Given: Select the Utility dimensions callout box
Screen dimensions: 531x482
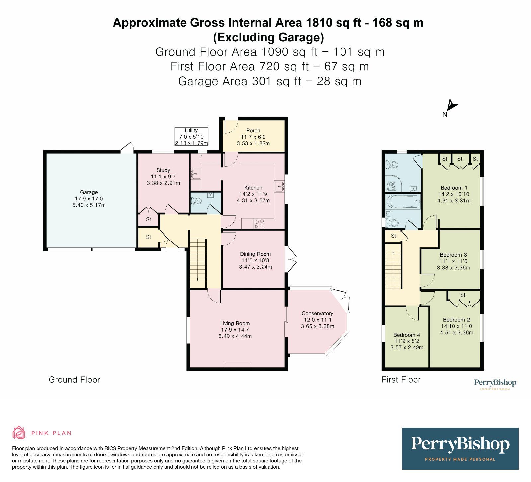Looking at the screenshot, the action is coord(191,137).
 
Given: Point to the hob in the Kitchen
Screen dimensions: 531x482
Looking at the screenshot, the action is coord(259,223).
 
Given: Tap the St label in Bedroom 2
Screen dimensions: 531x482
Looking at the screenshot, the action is coord(463,295).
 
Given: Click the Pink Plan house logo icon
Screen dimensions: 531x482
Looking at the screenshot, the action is coord(19,433).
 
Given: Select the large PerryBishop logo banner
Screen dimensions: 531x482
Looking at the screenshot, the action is coord(460,448).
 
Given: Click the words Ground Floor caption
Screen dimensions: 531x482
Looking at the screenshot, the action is coord(74,380).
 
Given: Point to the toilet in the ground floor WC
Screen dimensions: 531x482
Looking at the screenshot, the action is coord(196,201).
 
